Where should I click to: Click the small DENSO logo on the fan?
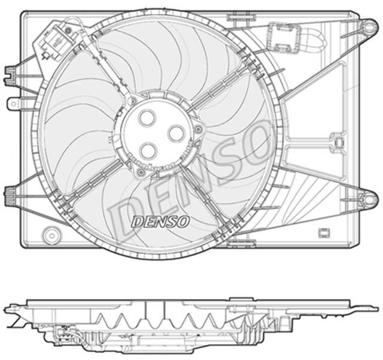160,222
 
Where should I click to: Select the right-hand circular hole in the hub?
177,134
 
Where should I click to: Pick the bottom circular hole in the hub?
148,149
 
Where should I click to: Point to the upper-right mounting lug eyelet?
366,25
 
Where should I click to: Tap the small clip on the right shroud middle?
338,144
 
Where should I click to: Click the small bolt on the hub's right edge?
197,129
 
